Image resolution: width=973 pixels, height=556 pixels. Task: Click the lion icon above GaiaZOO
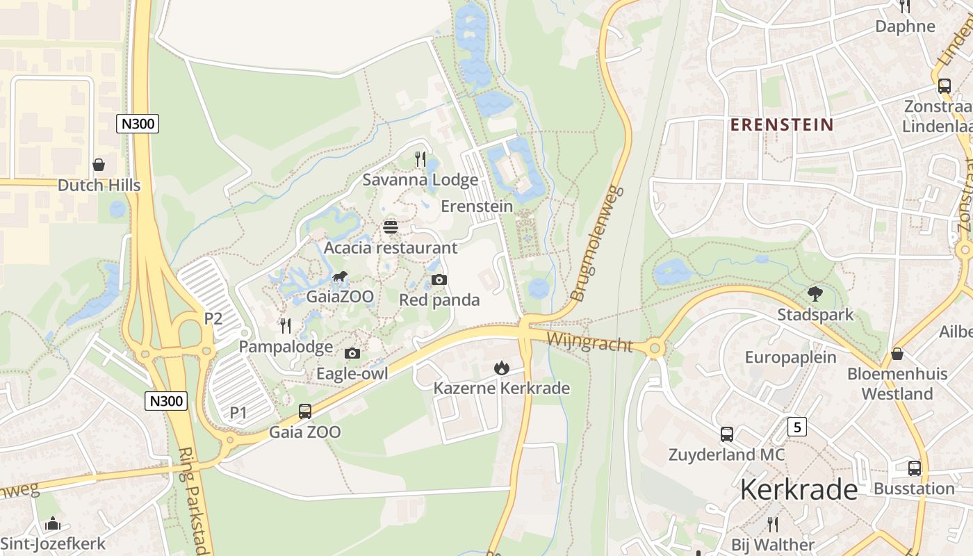pyautogui.click(x=340, y=277)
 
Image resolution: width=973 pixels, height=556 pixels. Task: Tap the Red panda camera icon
pyautogui.click(x=439, y=280)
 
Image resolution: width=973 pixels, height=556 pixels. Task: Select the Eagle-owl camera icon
pyautogui.click(x=352, y=353)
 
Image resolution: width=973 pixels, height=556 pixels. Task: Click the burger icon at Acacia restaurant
pyautogui.click(x=390, y=227)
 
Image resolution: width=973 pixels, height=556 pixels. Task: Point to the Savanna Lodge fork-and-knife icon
pyautogui.click(x=420, y=159)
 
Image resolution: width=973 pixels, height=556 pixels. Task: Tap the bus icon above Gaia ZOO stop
pyautogui.click(x=304, y=411)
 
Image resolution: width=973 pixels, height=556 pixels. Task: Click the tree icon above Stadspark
pyautogui.click(x=815, y=294)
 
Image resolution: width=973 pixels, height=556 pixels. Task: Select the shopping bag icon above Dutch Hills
pyautogui.click(x=99, y=165)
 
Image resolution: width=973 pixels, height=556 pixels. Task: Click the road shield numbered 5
pyautogui.click(x=797, y=427)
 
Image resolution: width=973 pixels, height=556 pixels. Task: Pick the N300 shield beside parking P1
pyautogui.click(x=167, y=400)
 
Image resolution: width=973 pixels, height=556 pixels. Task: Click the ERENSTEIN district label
pyautogui.click(x=781, y=125)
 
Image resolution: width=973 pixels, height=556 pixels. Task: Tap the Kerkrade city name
pyautogui.click(x=799, y=490)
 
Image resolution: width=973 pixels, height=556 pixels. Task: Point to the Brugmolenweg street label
pyautogui.click(x=596, y=244)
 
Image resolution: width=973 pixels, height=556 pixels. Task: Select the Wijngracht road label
pyautogui.click(x=589, y=342)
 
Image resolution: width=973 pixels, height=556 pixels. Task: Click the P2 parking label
pyautogui.click(x=213, y=319)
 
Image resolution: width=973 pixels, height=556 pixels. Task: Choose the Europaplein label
pyautogui.click(x=791, y=358)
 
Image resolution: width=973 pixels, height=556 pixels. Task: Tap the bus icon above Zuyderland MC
pyautogui.click(x=726, y=434)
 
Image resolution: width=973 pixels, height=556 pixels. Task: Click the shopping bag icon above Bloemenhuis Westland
pyautogui.click(x=897, y=354)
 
